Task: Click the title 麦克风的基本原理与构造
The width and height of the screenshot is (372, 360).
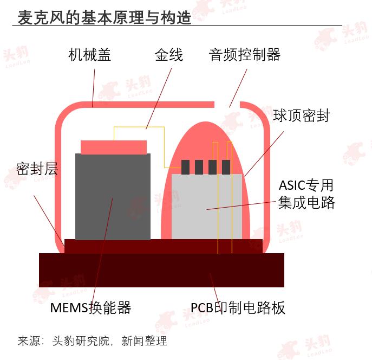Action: [x=105, y=17]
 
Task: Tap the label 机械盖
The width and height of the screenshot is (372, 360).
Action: [x=90, y=55]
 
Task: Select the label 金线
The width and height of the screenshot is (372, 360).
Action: [x=169, y=55]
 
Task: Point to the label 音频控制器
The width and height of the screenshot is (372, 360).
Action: [x=245, y=55]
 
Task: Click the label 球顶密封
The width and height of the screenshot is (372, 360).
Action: [x=301, y=115]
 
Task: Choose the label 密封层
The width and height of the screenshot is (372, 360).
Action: [x=37, y=169]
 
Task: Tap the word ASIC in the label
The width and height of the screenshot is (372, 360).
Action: [x=291, y=185]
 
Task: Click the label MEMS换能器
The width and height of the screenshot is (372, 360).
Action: [x=90, y=308]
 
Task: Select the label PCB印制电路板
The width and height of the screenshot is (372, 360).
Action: [x=238, y=308]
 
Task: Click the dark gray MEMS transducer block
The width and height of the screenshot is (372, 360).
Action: [x=113, y=197]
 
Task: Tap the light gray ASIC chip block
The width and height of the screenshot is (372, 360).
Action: [x=207, y=207]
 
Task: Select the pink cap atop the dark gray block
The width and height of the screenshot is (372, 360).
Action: [x=114, y=147]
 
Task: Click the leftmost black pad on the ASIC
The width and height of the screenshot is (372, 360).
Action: [x=186, y=167]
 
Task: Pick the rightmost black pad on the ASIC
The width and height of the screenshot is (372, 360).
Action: [x=226, y=167]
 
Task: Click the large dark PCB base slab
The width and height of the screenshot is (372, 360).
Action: [x=161, y=270]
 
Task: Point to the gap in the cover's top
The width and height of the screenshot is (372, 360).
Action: [x=227, y=105]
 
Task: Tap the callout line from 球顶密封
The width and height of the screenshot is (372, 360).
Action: [x=264, y=154]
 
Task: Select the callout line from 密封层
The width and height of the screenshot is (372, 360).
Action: [x=49, y=221]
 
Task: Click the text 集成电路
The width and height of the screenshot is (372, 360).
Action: [x=306, y=203]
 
